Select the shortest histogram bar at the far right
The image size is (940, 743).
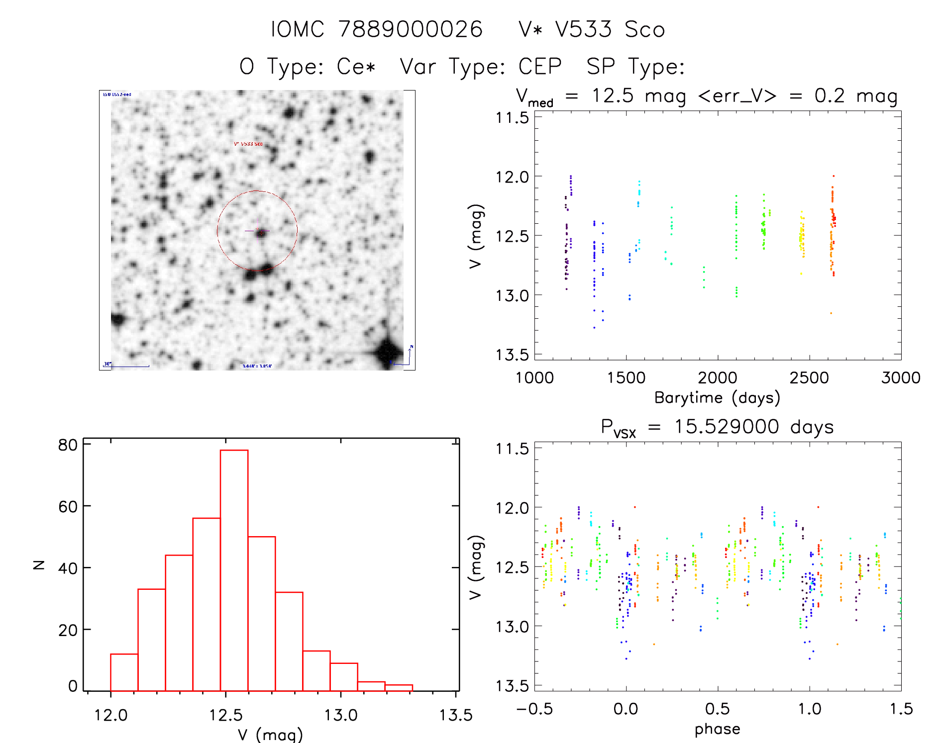pyautogui.click(x=399, y=688)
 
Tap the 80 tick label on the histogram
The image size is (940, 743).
pyautogui.click(x=68, y=445)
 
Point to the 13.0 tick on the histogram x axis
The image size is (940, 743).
pyautogui.click(x=341, y=715)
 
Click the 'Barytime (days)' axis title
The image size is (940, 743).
pyautogui.click(x=717, y=398)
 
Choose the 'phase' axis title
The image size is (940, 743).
pyautogui.click(x=717, y=729)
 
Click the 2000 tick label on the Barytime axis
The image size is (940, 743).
pyautogui.click(x=717, y=378)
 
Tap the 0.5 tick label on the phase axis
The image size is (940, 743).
pyautogui.click(x=717, y=709)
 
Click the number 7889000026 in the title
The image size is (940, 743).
pyautogui.click(x=411, y=29)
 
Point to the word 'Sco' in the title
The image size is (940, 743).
pyautogui.click(x=645, y=29)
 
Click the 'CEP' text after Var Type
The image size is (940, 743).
pyautogui.click(x=540, y=67)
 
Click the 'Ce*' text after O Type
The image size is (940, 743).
pyautogui.click(x=356, y=67)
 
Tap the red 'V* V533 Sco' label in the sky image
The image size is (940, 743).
pyautogui.click(x=248, y=144)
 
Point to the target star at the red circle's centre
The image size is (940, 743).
pyautogui.click(x=260, y=232)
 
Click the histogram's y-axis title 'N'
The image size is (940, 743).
pyautogui.click(x=39, y=564)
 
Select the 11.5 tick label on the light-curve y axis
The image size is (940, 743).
pyautogui.click(x=512, y=118)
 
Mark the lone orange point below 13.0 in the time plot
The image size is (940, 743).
pyautogui.click(x=831, y=313)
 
